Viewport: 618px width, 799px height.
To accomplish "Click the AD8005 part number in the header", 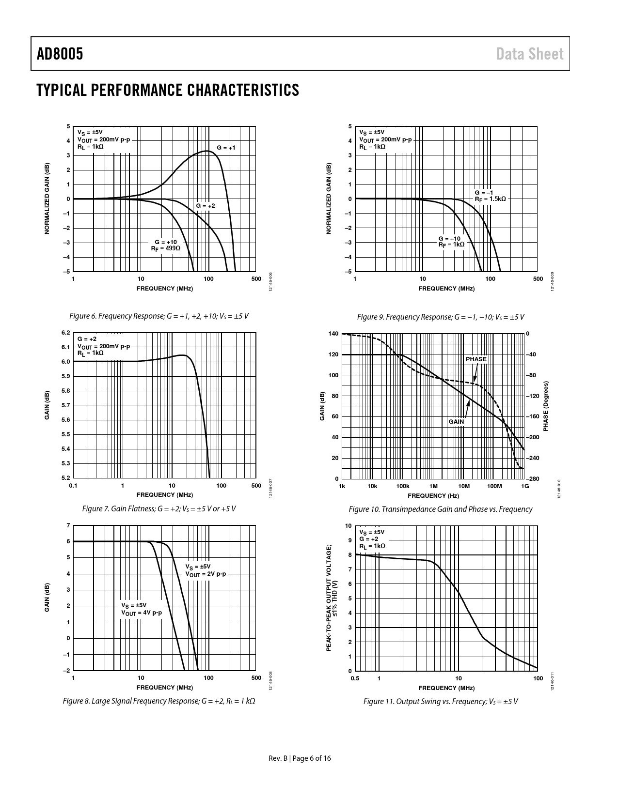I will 60,54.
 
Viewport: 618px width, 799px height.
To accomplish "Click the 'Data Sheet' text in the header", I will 530,54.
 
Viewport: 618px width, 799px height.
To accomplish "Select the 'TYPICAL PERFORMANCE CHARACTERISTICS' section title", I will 168,90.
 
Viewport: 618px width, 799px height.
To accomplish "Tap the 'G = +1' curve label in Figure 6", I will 226,147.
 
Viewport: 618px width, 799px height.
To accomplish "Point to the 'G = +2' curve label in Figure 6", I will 206,206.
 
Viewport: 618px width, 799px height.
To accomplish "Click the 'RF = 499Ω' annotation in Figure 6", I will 165,248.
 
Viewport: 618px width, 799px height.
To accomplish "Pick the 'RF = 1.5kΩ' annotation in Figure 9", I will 490,199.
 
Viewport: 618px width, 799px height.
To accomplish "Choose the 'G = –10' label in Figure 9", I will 449,238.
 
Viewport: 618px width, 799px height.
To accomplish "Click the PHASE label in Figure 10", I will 475,359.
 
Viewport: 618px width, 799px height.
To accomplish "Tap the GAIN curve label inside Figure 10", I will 456,422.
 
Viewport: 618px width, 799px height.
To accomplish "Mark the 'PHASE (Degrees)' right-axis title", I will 546,406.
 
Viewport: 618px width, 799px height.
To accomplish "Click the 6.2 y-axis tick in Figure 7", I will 66,333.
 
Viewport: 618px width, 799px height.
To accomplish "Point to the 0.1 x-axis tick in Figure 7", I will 73,486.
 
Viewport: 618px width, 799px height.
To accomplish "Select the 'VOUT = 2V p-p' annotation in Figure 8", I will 206,574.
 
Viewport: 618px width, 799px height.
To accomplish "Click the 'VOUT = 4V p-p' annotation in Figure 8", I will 142,613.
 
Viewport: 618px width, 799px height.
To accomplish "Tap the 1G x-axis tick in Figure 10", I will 525,486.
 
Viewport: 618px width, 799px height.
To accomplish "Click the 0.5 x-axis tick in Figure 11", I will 355,678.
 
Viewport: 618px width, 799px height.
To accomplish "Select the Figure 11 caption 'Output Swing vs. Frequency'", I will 440,701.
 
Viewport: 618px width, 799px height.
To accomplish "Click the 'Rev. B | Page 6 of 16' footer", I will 300,758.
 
